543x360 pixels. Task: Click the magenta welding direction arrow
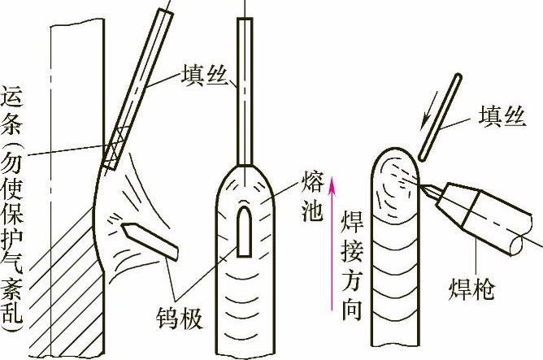[332, 243]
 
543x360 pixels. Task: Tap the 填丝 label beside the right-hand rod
[502, 116]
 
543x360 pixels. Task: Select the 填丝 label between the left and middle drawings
[204, 75]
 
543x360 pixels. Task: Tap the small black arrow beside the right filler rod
[429, 111]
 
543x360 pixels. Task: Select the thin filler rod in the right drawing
[440, 117]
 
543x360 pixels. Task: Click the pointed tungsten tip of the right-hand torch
[422, 187]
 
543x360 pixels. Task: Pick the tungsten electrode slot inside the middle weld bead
[244, 232]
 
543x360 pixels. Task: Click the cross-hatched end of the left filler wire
[117, 148]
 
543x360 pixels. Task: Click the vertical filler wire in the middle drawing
[245, 91]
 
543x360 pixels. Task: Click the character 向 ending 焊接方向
[352, 310]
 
